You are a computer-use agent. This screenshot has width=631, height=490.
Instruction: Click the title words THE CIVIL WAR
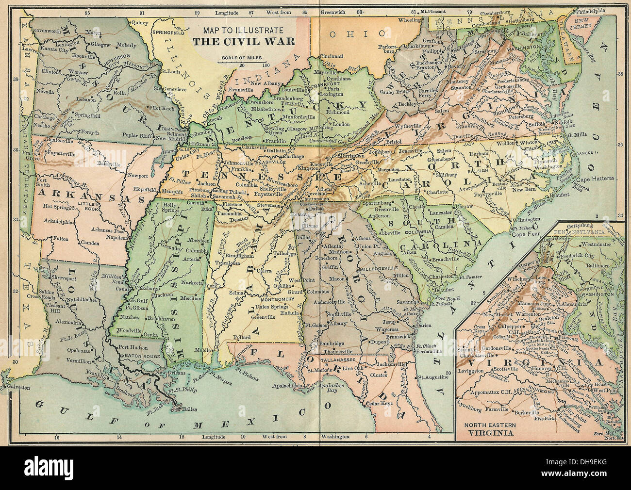point(243,41)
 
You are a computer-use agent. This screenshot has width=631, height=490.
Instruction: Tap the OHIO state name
point(356,33)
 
